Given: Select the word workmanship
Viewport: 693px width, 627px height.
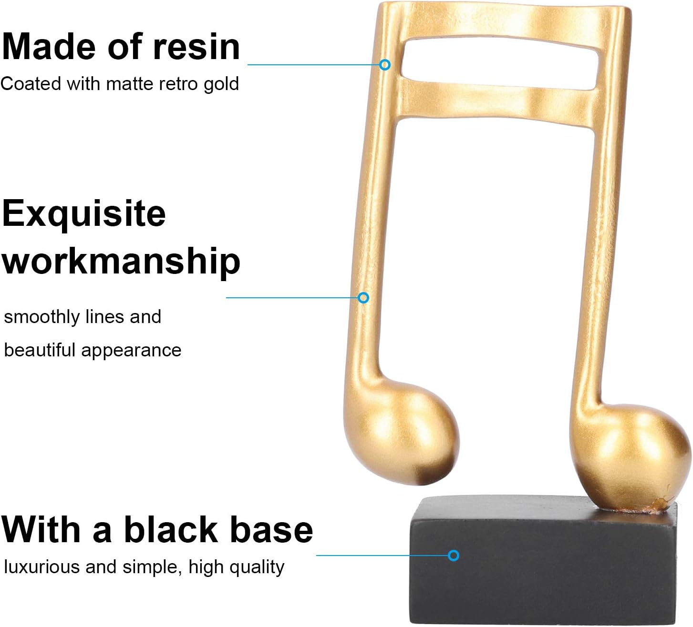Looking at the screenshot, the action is [121, 262].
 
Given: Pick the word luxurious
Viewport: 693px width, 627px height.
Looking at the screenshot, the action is [42, 567].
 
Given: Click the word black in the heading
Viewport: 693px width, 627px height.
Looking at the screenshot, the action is [171, 529].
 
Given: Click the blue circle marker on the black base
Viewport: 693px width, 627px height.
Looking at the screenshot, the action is [453, 556].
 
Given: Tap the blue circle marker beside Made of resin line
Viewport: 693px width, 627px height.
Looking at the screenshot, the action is [385, 65].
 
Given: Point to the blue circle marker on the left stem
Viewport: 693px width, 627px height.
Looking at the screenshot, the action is [363, 298].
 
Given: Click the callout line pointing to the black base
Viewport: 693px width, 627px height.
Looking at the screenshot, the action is [382, 556].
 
